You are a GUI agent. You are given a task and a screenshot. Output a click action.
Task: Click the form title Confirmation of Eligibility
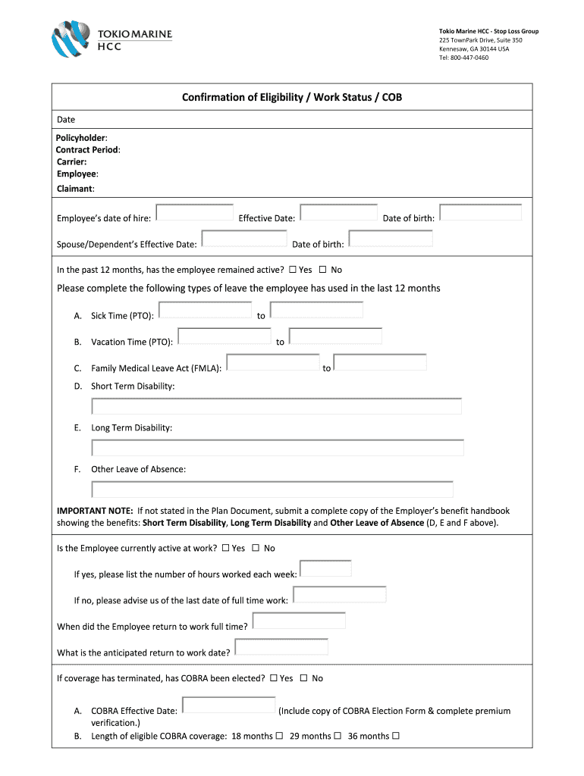(x=287, y=97)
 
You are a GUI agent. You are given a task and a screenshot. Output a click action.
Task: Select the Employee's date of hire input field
(x=194, y=212)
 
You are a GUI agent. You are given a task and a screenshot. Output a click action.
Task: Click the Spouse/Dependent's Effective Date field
(x=244, y=239)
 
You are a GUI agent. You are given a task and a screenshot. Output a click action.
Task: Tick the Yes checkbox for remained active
(x=293, y=270)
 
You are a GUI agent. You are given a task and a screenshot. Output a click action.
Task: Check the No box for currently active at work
(x=256, y=548)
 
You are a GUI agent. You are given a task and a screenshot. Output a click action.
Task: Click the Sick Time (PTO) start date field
(x=206, y=310)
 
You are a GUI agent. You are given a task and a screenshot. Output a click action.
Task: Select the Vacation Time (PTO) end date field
(x=335, y=336)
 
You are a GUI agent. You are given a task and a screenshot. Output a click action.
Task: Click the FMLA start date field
(x=273, y=363)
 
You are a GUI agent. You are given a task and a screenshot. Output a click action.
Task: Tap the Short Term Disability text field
(x=276, y=406)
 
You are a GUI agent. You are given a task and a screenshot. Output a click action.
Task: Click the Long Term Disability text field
(x=277, y=448)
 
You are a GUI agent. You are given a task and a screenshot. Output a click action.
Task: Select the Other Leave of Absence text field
(x=272, y=490)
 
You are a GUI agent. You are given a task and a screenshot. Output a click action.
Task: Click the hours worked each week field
(x=325, y=569)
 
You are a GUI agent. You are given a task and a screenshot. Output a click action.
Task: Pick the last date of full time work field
(x=339, y=595)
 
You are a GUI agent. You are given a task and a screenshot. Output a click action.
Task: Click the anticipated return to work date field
(x=281, y=647)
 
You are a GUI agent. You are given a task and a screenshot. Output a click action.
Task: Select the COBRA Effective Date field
(x=229, y=706)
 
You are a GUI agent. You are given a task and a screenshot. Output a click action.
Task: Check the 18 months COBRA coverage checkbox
(x=279, y=736)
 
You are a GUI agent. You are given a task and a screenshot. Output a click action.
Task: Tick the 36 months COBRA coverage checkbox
(x=395, y=736)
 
